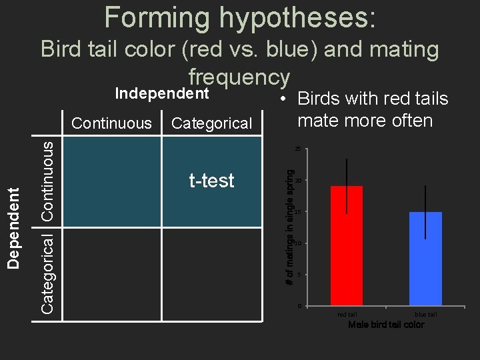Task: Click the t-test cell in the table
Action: click(211, 181)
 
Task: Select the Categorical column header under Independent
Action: click(211, 123)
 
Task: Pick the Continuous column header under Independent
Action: click(111, 123)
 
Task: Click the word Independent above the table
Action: click(163, 93)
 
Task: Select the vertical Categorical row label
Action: click(48, 272)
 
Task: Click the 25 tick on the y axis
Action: click(299, 149)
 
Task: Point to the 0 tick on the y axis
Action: click(300, 306)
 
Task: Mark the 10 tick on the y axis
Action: click(299, 243)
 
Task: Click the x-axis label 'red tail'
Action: click(347, 314)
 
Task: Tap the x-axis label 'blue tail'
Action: click(425, 314)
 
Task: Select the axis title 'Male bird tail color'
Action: click(386, 325)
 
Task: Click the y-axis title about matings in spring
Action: click(290, 227)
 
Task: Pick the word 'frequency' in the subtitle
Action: click(239, 77)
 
